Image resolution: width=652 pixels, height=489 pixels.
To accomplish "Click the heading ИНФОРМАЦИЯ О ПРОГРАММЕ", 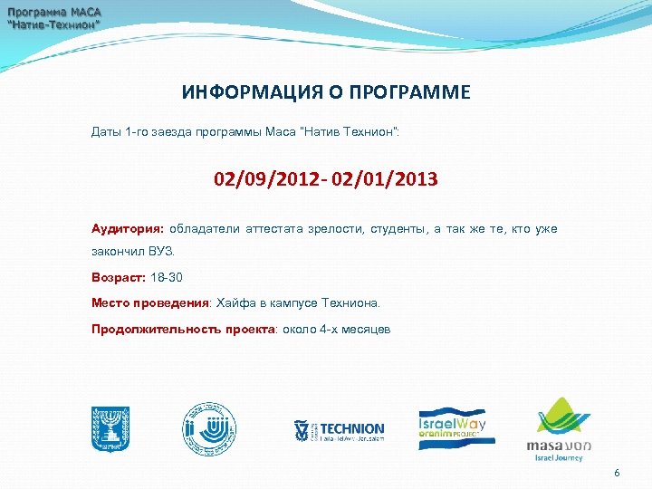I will coord(326,92).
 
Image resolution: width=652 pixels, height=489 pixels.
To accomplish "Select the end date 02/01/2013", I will coord(385,180).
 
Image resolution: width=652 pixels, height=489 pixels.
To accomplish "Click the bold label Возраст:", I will coord(118,278).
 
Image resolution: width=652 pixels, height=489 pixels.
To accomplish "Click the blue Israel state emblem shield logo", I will coord(110,428).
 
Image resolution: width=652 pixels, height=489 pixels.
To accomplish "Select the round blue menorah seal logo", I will coord(209,427).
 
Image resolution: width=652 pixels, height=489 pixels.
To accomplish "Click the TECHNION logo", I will coord(339,430).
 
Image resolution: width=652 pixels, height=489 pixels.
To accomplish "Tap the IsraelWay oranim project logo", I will coord(453,427).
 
